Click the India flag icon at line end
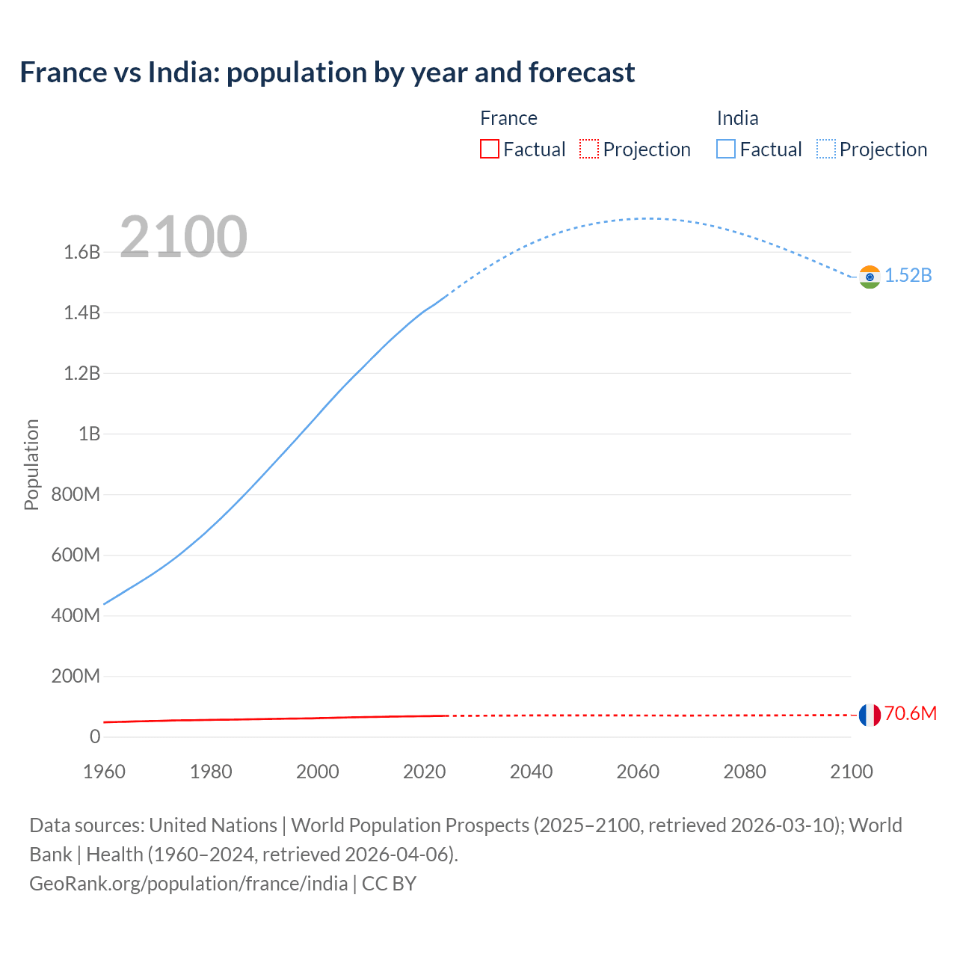click(869, 277)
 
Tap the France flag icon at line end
click(869, 715)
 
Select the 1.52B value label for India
click(908, 276)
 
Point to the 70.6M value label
click(911, 714)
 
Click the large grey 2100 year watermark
click(183, 237)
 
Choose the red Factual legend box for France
click(489, 149)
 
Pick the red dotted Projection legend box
click(589, 149)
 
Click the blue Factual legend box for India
click(725, 149)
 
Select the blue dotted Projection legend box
click(825, 149)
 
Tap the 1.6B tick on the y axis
click(82, 253)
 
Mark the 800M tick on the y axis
click(76, 495)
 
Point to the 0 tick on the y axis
click(95, 737)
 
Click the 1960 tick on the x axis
click(104, 772)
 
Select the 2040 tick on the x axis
click(531, 772)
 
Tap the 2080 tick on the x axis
click(745, 772)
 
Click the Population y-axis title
click(31, 464)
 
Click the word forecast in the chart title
click(582, 73)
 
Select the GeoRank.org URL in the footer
click(188, 884)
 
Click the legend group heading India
click(737, 118)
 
